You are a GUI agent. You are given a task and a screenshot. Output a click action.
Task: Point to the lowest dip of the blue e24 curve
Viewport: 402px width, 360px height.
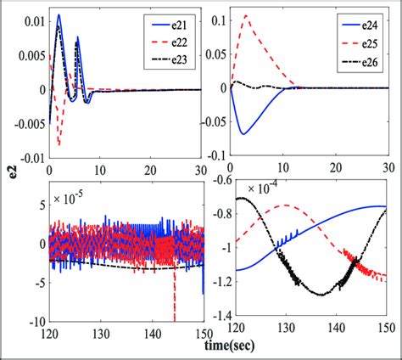(243, 133)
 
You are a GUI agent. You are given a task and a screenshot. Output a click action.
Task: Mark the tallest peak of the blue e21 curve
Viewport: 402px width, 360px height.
(58, 14)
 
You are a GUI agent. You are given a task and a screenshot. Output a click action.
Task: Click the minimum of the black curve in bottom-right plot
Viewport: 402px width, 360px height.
(322, 294)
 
